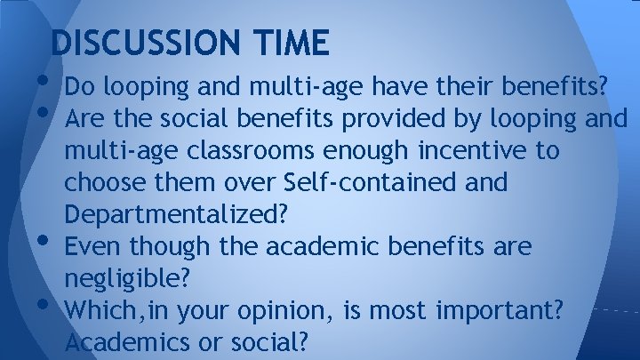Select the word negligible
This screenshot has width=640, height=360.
[x=125, y=278]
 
